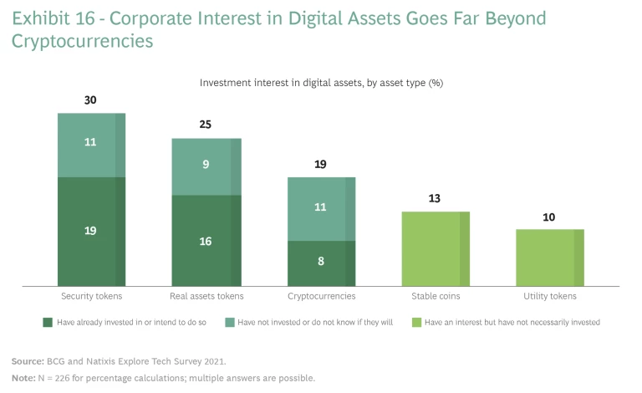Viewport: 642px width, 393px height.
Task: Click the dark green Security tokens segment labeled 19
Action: click(90, 232)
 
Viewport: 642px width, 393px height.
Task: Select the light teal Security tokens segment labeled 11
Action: click(90, 145)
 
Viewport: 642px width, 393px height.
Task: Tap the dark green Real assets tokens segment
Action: click(206, 241)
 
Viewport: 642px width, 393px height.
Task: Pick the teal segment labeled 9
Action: click(206, 166)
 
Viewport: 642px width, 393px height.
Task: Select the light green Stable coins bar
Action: click(436, 248)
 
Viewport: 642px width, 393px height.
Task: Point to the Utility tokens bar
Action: click(549, 258)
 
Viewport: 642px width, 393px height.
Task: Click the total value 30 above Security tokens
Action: click(90, 100)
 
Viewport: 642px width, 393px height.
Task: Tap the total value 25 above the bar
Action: click(206, 125)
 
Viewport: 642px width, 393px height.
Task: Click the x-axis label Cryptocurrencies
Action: click(321, 296)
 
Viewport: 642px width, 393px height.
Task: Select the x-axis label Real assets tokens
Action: click(206, 296)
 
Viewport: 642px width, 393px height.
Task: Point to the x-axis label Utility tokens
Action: click(549, 296)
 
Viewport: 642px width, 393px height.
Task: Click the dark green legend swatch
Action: click(47, 322)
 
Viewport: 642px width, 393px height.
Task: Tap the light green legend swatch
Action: click(416, 322)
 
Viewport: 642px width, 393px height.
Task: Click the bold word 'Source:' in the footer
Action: click(29, 361)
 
